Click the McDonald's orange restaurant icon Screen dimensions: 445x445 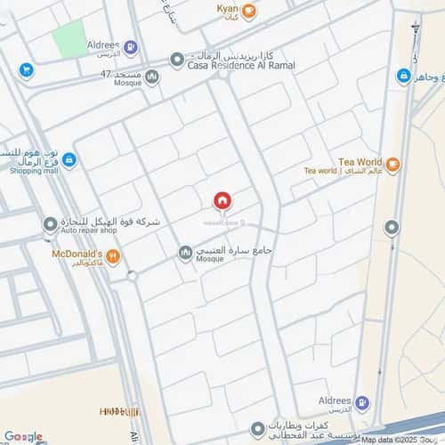(112, 257)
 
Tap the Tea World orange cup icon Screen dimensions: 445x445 (392, 164)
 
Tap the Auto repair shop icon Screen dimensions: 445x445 (50, 222)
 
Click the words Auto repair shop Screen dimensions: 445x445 (89, 231)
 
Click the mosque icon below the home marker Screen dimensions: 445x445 (185, 254)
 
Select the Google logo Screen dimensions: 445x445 (23, 436)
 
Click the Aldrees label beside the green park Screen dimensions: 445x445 (103, 44)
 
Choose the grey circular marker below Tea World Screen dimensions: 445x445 (391, 229)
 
